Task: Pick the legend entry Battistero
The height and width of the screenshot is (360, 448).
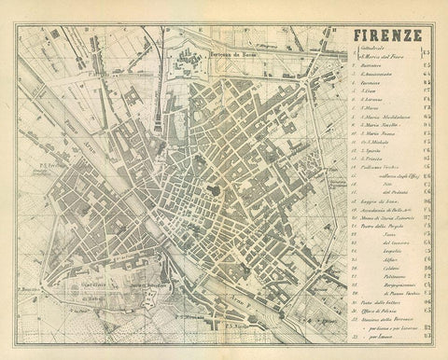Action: tap(372, 72)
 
